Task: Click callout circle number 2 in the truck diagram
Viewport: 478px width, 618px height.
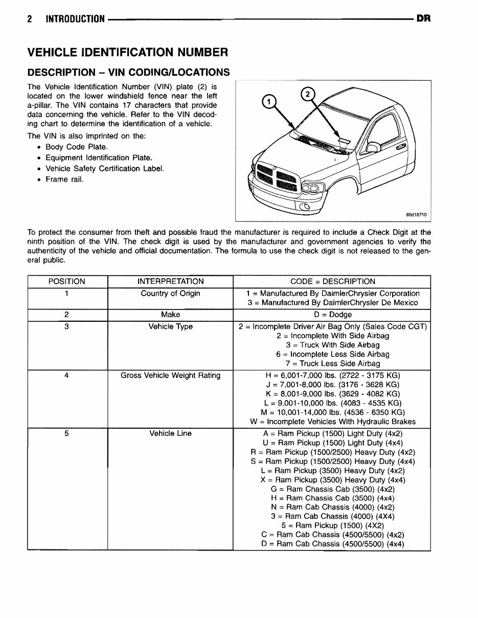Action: (x=307, y=95)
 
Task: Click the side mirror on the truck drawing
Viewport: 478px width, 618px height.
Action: (x=373, y=148)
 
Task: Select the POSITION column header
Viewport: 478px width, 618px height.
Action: (x=67, y=281)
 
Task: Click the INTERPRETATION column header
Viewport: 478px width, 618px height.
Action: (x=170, y=281)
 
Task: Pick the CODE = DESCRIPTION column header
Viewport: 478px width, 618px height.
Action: (x=332, y=281)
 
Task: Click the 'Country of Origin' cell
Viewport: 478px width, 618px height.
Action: (x=170, y=293)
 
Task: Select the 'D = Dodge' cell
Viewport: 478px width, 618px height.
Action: (x=332, y=315)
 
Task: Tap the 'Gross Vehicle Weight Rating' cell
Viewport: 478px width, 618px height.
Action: (x=170, y=376)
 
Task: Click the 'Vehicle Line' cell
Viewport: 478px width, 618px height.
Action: (x=170, y=433)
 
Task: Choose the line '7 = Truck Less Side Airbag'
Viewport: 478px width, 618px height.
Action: (x=332, y=364)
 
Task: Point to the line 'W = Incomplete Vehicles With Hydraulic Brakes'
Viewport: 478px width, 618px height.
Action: (x=332, y=422)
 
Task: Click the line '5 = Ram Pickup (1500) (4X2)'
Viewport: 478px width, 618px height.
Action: (x=332, y=525)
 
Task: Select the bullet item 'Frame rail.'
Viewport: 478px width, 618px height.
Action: (x=64, y=179)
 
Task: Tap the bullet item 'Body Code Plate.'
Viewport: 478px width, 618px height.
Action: (x=76, y=147)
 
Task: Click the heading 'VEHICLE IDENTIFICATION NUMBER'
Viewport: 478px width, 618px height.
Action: (x=127, y=52)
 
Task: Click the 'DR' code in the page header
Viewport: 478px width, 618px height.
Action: (x=423, y=19)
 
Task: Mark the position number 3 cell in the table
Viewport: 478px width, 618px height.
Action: (x=67, y=326)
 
